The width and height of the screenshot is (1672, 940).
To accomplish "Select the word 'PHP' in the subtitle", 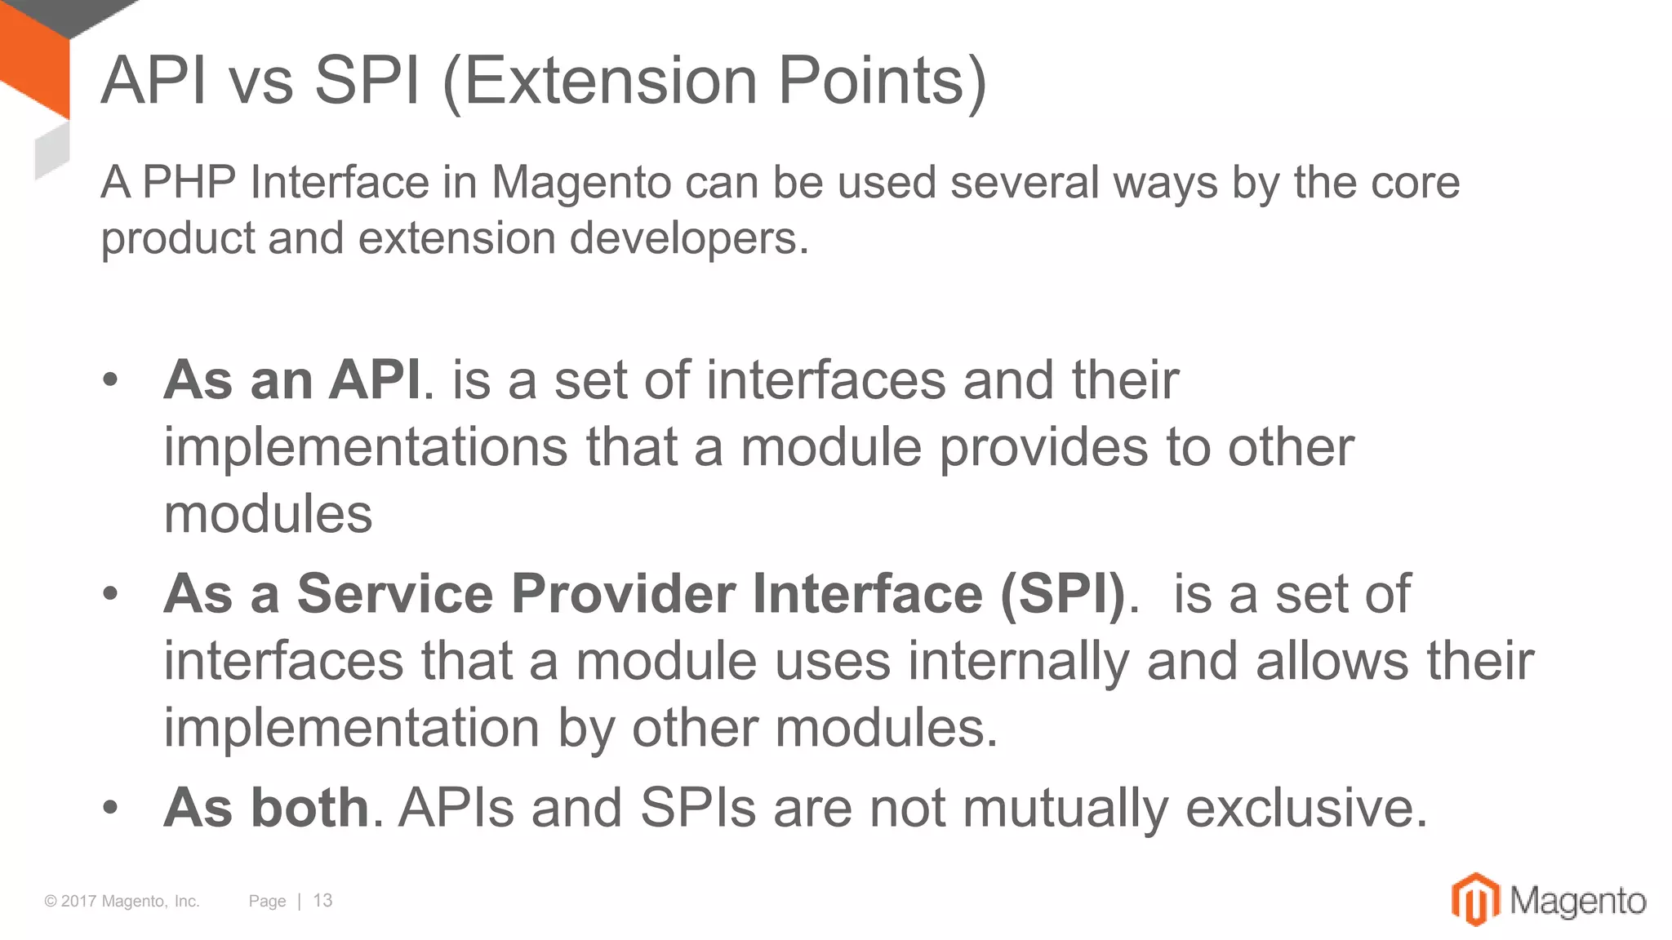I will (x=189, y=182).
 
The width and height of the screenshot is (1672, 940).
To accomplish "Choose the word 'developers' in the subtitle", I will (x=681, y=238).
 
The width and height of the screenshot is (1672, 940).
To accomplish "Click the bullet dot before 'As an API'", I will (x=111, y=380).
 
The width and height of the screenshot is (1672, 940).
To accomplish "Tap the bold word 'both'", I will (x=310, y=808).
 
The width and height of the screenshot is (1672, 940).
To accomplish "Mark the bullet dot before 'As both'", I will (x=111, y=808).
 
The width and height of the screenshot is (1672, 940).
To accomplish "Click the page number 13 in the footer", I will (x=322, y=901).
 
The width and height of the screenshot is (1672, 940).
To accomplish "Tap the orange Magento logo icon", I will (x=1475, y=899).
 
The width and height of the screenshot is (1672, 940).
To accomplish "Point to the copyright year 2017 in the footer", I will (x=79, y=901).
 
